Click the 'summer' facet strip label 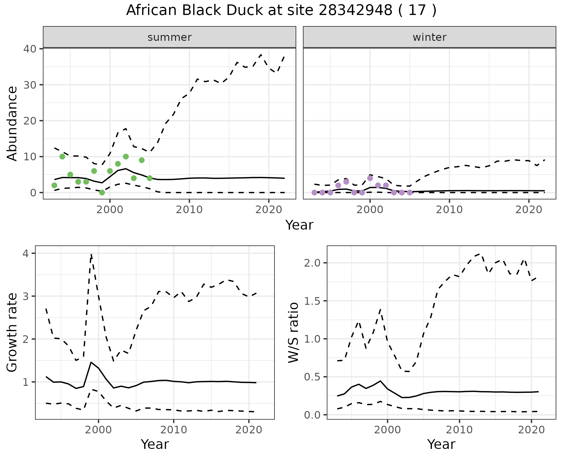pos(169,37)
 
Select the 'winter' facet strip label pos(429,37)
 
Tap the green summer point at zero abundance pos(102,193)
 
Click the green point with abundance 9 pos(142,160)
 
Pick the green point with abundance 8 pos(118,164)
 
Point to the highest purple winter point pos(370,178)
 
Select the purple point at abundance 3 pos(346,182)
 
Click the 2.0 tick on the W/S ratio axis pos(313,263)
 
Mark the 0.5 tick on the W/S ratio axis pos(313,377)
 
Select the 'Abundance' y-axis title pos(12,124)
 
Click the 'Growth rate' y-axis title pos(12,333)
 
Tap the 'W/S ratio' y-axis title pos(294,333)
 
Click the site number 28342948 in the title pos(355,11)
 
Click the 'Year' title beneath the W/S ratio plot pos(441,444)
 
